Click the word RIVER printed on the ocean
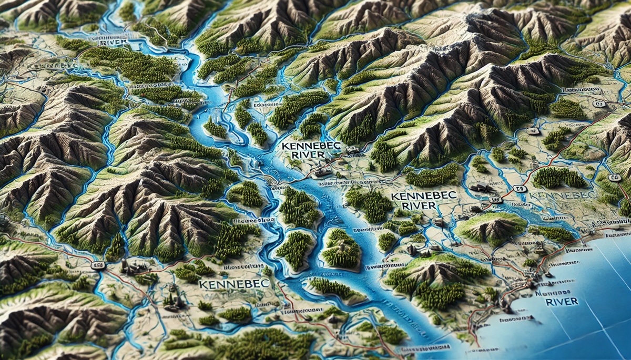[x=562, y=302]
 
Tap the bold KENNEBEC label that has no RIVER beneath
[x=234, y=284]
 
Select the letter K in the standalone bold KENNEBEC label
[x=203, y=284]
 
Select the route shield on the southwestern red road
[x=96, y=265]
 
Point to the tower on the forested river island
[x=342, y=245]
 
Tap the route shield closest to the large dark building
[x=494, y=200]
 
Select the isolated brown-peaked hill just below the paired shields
[x=492, y=226]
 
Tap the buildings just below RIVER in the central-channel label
[x=321, y=170]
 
